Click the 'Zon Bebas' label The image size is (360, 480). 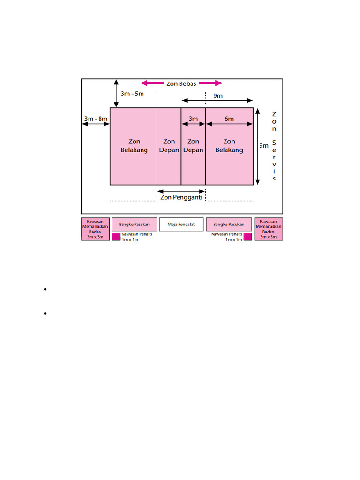coord(181,83)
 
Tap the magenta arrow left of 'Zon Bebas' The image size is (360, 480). coord(152,83)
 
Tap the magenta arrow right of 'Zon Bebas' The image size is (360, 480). coord(210,83)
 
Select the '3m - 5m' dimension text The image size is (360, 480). coord(132,94)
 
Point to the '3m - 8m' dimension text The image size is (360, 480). coord(96,119)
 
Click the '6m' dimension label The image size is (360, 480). coord(229,119)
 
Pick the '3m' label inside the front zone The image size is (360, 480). coord(193,119)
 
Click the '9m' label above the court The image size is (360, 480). coord(218,96)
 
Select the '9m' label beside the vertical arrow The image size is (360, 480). coord(264,146)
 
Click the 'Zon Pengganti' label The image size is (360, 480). coord(181,197)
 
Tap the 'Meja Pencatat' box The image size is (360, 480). coord(181,224)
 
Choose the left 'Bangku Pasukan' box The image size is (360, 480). coord(134,224)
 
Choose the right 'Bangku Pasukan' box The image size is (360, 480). coord(229,224)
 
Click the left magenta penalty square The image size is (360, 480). coord(116,237)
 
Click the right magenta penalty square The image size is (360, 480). coord(248,237)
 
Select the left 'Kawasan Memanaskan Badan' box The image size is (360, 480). coord(95,229)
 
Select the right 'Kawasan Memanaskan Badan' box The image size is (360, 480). coord(269,229)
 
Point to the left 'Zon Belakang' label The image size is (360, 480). coord(134,146)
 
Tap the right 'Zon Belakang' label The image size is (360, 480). coord(229,146)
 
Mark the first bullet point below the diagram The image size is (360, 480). coord(45,289)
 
